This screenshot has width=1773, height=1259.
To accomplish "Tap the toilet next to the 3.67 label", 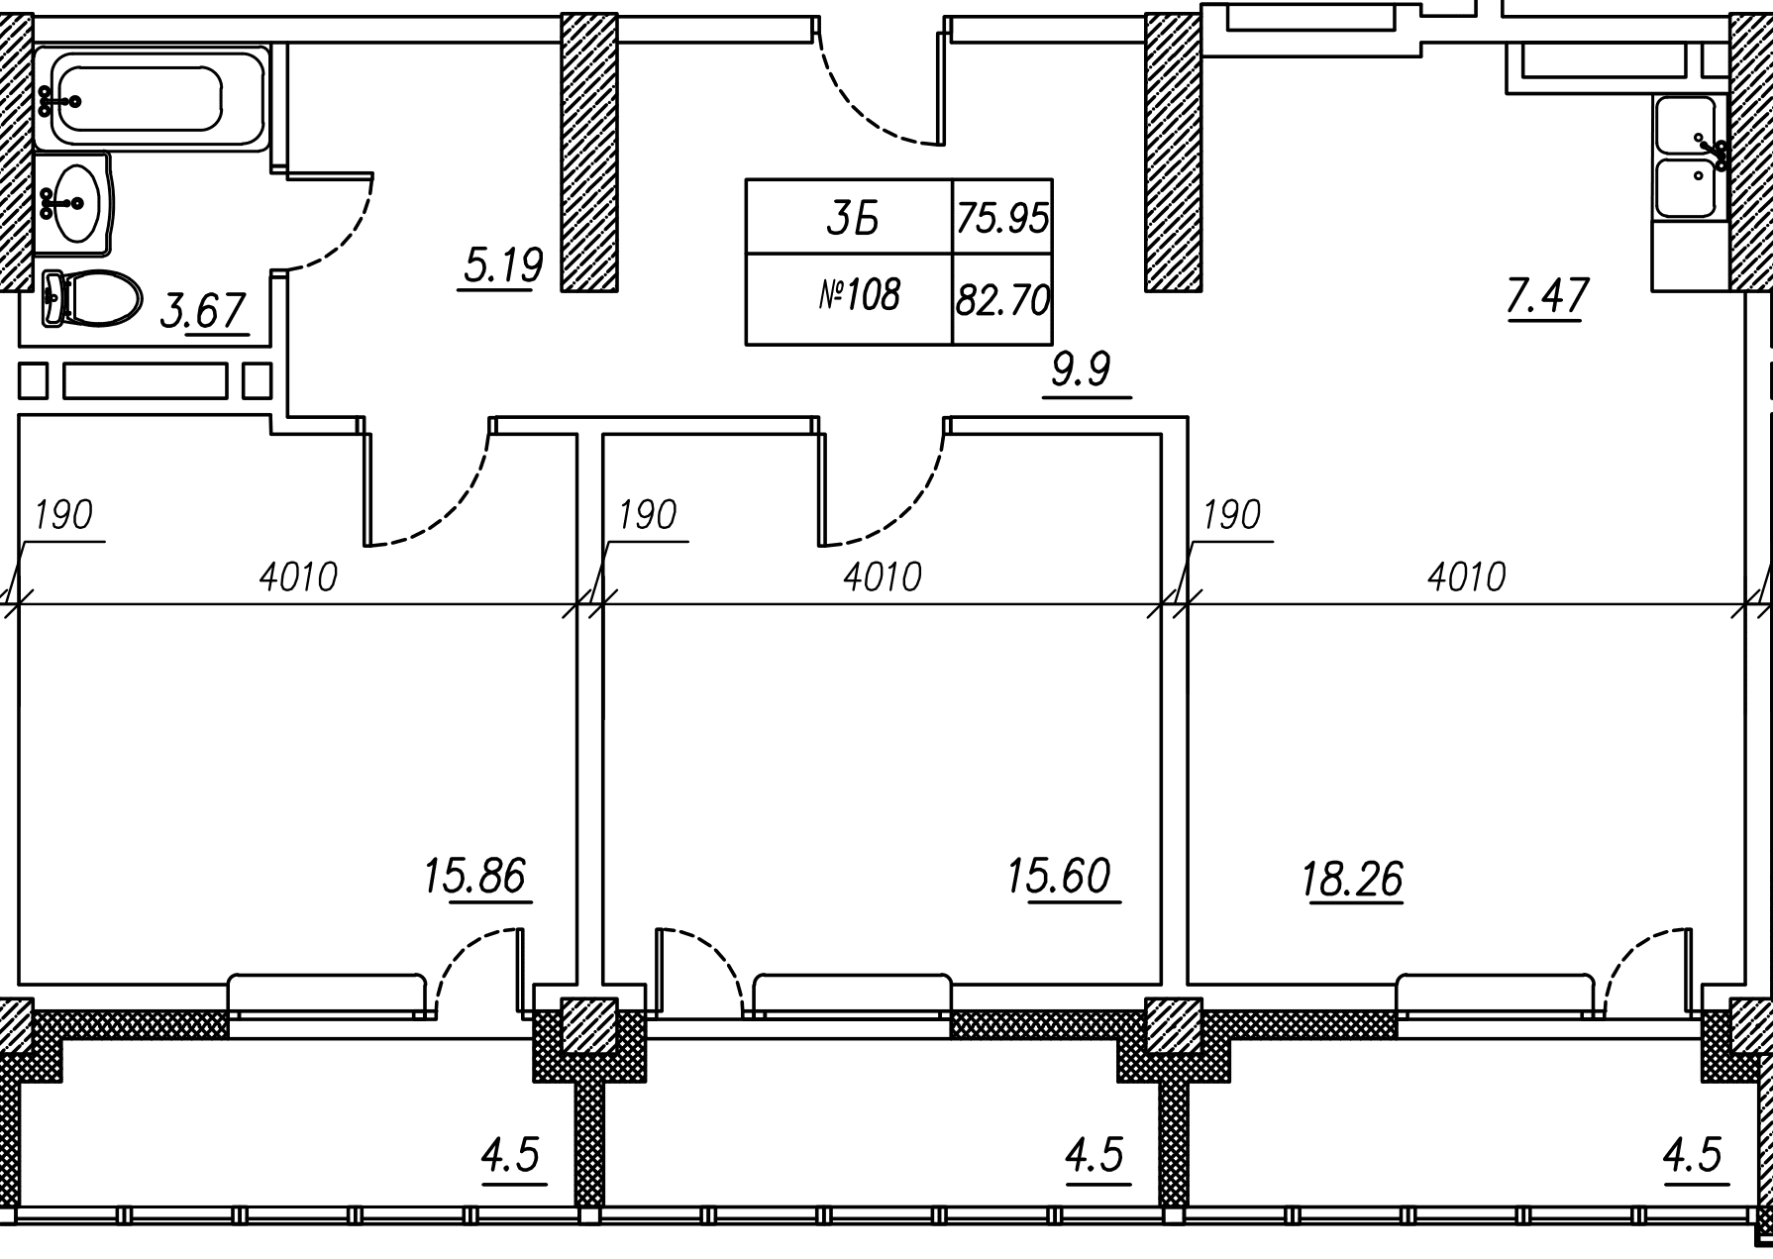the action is point(91,298).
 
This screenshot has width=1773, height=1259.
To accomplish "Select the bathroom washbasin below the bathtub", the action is point(73,204).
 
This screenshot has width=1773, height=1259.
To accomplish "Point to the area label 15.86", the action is point(474,877).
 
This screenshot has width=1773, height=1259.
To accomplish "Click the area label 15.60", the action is point(1059,877).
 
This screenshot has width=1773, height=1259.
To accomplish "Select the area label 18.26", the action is point(1353,879).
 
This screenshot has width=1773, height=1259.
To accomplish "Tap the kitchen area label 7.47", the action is point(1548,296).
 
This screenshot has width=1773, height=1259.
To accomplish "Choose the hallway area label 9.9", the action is point(1082,370).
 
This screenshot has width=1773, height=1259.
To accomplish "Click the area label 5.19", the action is point(503,265).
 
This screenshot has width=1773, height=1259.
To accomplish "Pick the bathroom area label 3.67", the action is point(203,311).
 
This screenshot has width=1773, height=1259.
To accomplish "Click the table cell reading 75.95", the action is point(1002,217).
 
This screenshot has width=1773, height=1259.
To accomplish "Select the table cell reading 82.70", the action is point(1002,299).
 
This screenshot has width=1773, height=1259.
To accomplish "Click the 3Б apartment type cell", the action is point(849,217).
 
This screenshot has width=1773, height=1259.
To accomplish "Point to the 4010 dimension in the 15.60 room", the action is point(883,577).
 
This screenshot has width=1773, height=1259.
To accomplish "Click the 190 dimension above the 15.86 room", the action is point(63,515).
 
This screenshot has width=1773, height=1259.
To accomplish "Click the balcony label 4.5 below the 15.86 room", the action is point(511,1155).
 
